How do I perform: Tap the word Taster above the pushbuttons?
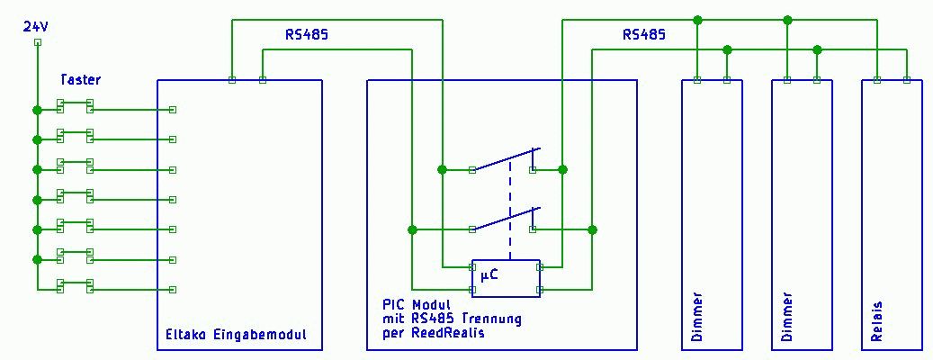81,80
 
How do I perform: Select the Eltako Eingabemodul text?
237,335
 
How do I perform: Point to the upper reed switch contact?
506,159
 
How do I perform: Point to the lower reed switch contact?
506,220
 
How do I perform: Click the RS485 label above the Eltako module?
307,35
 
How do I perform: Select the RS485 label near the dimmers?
644,35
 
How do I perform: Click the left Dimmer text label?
698,317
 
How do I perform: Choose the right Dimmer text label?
788,317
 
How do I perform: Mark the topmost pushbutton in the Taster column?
75,107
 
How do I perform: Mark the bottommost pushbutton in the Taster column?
75,285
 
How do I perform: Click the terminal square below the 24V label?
37,42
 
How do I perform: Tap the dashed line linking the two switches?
510,207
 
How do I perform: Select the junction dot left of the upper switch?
442,169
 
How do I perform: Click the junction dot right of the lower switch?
592,230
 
